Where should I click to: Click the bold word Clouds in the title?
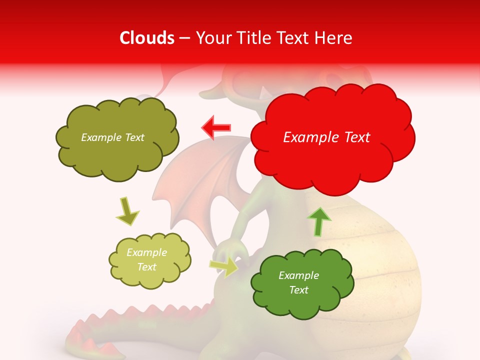(147, 38)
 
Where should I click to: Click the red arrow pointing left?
(216, 128)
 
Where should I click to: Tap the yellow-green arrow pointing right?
(224, 266)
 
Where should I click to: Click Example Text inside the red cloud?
(326, 137)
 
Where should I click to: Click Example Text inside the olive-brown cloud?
(112, 137)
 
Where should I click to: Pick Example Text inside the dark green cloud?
(298, 282)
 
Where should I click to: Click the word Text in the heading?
(292, 38)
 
